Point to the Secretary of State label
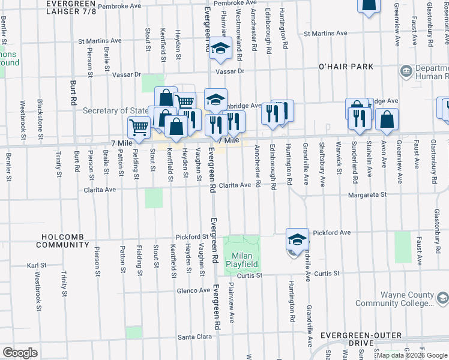(115, 110)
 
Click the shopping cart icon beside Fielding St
(139, 127)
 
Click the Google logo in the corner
(19, 352)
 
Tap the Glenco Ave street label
(193, 290)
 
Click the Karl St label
(37, 265)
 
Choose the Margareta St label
(365, 194)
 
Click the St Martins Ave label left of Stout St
(100, 41)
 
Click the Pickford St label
(191, 237)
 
